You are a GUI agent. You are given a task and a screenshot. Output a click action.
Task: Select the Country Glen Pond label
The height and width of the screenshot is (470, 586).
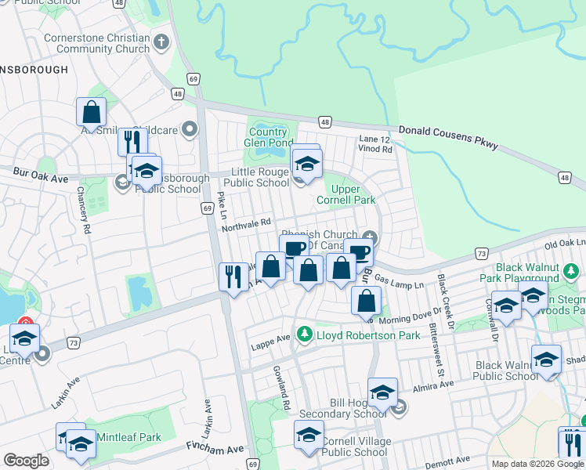tap(269, 137)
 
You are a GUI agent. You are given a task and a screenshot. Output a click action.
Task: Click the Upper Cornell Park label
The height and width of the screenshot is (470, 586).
tap(353, 195)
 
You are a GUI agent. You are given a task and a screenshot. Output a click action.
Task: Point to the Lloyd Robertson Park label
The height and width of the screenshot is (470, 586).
tap(356, 335)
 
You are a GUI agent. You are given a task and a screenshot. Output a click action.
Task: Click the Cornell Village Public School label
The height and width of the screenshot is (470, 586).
tap(355, 446)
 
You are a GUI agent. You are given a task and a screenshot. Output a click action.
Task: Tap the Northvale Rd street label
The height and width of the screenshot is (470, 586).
tap(245, 222)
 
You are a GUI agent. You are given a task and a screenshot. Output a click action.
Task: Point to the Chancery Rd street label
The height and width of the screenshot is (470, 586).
tap(85, 210)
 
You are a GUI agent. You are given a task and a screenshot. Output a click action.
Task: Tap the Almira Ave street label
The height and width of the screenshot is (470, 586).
tap(439, 385)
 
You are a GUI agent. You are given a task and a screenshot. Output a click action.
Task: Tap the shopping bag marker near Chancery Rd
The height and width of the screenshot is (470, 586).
tap(91, 112)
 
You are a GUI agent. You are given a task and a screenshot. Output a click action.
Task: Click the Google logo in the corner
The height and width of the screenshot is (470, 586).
tap(27, 460)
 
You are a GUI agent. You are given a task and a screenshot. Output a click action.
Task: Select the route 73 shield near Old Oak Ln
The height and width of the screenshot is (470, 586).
tap(481, 253)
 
